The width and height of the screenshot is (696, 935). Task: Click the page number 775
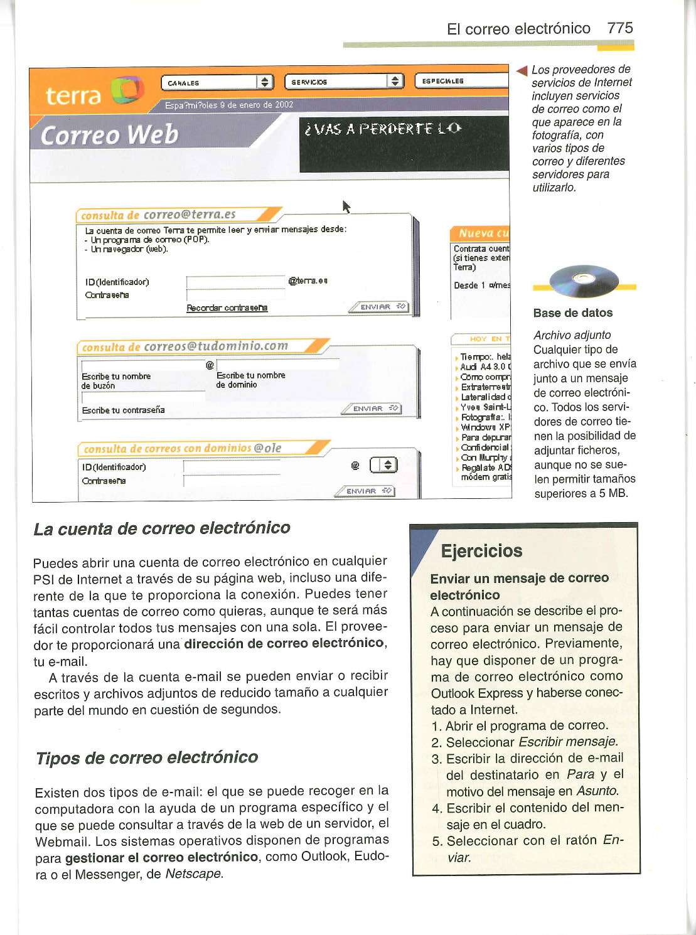pos(619,28)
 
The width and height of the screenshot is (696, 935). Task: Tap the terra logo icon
pos(127,91)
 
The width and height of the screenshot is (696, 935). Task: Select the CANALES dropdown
pos(217,82)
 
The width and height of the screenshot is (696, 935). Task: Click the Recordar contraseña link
pos(227,308)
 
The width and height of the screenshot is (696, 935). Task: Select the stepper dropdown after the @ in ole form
pos(383,465)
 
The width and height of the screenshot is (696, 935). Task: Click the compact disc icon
pos(583,281)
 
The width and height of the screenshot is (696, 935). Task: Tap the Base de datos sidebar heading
pos(572,313)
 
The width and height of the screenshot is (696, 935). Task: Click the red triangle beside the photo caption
pos(521,70)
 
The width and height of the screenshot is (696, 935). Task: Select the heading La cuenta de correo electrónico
pos(162,528)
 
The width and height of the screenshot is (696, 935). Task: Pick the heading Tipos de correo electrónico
pos(147,757)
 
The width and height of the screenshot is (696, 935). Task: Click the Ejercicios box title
pos(481,551)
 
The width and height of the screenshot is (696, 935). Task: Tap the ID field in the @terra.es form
pos(236,282)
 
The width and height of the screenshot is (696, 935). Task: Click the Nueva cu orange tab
pos(480,233)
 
